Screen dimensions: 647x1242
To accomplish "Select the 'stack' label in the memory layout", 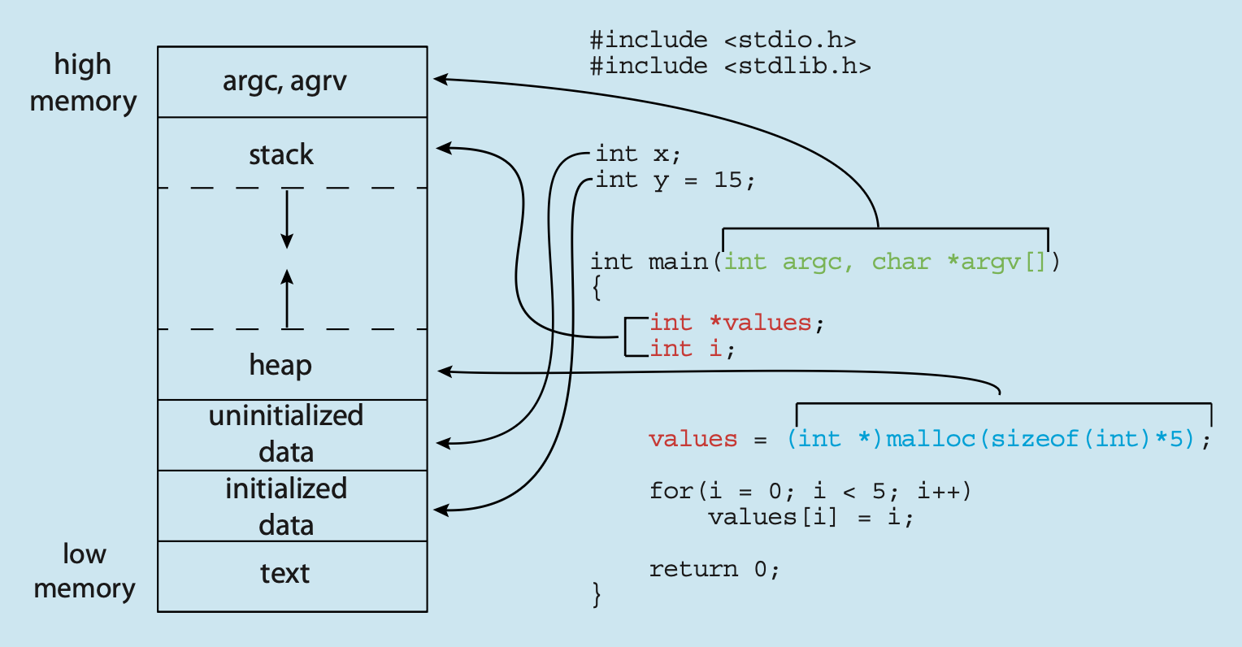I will (281, 154).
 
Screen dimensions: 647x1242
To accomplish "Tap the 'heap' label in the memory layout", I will (280, 365).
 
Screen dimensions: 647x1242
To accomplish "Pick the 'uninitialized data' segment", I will (286, 434).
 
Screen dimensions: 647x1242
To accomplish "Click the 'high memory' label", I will (83, 83).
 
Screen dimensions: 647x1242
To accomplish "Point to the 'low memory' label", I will (84, 571).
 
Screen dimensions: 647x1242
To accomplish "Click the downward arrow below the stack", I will (287, 219).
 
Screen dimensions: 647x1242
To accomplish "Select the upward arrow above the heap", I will (287, 298).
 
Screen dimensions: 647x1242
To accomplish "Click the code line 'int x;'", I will (638, 153).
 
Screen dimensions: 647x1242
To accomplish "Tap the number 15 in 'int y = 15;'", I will (728, 180).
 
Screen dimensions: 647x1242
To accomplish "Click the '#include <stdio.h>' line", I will (723, 39).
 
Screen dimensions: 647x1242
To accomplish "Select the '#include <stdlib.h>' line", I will (730, 65).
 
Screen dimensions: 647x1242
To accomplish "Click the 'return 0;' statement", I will (714, 569).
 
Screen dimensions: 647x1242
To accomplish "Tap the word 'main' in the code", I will (678, 262).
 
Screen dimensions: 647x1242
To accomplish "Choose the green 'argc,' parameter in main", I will (818, 262).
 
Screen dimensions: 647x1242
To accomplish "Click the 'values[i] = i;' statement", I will (810, 517).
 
